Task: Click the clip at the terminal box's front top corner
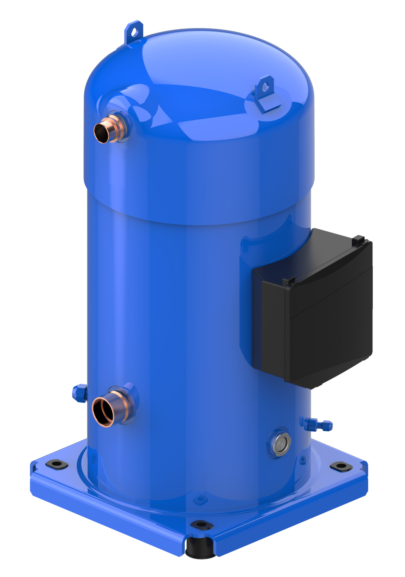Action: click(289, 281)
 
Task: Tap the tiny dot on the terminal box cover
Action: click(335, 320)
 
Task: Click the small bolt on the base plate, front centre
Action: click(200, 499)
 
